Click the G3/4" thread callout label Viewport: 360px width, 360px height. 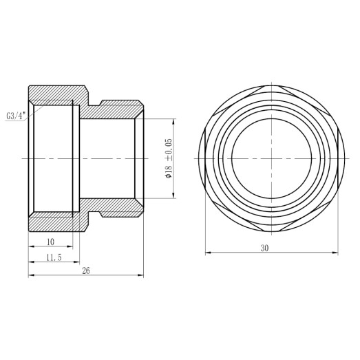16,116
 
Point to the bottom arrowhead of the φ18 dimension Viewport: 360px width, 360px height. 173,196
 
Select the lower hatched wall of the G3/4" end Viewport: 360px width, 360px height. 55,222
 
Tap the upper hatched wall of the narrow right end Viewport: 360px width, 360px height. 120,109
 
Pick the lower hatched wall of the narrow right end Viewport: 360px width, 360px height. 120,206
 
